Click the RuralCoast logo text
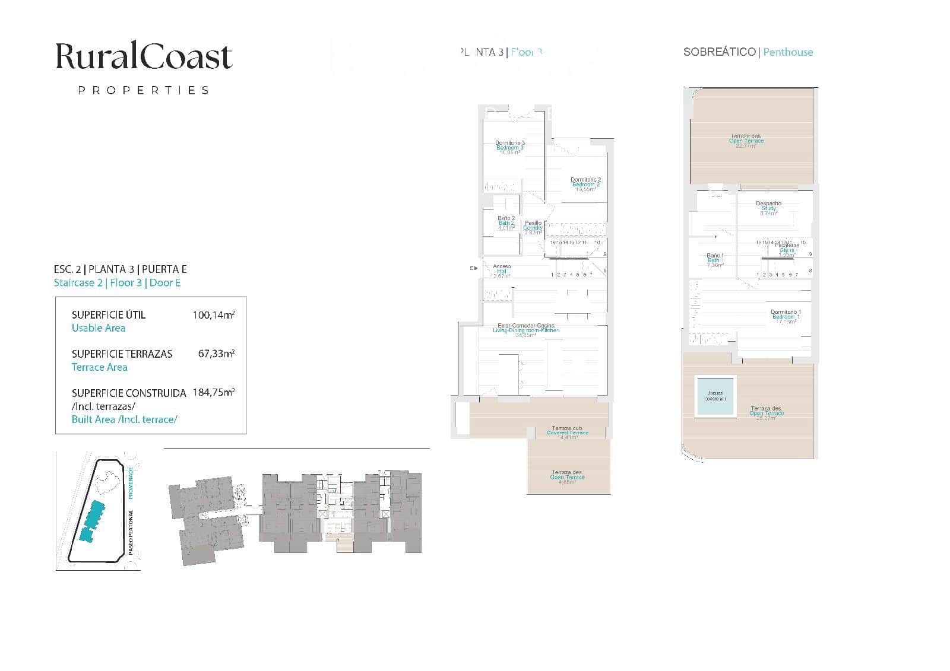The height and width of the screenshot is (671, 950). click(x=144, y=57)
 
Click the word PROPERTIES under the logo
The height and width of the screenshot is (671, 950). click(x=144, y=90)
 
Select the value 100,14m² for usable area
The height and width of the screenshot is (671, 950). click(x=214, y=315)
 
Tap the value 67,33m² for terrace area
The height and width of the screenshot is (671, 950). click(x=216, y=354)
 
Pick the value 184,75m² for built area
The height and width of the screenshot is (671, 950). click(x=214, y=392)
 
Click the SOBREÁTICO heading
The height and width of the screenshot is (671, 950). click(x=719, y=52)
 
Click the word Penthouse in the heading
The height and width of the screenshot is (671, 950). click(x=788, y=52)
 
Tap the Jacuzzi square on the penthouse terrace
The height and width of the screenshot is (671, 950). click(x=715, y=396)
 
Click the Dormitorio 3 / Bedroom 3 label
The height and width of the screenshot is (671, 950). click(x=510, y=147)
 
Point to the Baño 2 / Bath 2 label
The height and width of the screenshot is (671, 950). click(x=506, y=222)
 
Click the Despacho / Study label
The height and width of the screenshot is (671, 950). click(x=768, y=208)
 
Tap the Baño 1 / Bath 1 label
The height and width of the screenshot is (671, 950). click(x=715, y=260)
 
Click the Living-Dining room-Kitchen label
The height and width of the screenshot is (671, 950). click(x=526, y=330)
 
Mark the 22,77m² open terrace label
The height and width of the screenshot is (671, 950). click(x=746, y=141)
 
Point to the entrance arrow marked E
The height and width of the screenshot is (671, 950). click(x=474, y=268)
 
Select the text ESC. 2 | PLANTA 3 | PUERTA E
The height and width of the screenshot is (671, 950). click(x=121, y=269)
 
